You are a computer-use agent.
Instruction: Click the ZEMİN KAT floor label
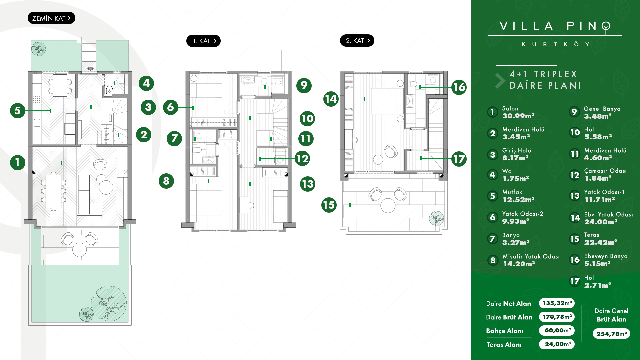pyautogui.click(x=51, y=18)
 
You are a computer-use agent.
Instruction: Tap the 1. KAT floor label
pyautogui.click(x=203, y=41)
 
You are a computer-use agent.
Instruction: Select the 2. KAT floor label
pyautogui.click(x=357, y=41)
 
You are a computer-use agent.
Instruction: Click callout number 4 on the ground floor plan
pyautogui.click(x=146, y=83)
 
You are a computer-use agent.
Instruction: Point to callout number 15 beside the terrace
pyautogui.click(x=329, y=205)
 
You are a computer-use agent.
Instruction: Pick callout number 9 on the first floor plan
pyautogui.click(x=304, y=85)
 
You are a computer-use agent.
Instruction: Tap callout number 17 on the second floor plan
pyautogui.click(x=459, y=159)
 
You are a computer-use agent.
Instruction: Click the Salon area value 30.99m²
pyautogui.click(x=518, y=116)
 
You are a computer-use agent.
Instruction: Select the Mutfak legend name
pyautogui.click(x=512, y=192)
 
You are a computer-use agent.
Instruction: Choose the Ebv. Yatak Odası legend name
pyautogui.click(x=609, y=214)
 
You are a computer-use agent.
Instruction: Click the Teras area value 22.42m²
pyautogui.click(x=601, y=242)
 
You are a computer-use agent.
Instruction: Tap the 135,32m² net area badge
pyautogui.click(x=557, y=303)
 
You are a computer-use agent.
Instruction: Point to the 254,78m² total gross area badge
pyautogui.click(x=611, y=334)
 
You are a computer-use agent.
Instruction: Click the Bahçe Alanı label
pyautogui.click(x=505, y=331)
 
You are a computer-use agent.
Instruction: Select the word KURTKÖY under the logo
pyautogui.click(x=556, y=44)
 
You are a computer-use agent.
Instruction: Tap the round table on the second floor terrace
pyautogui.click(x=388, y=205)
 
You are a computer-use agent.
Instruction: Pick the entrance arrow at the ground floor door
pyautogui.click(x=90, y=69)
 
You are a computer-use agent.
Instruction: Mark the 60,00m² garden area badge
pyautogui.click(x=557, y=330)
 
